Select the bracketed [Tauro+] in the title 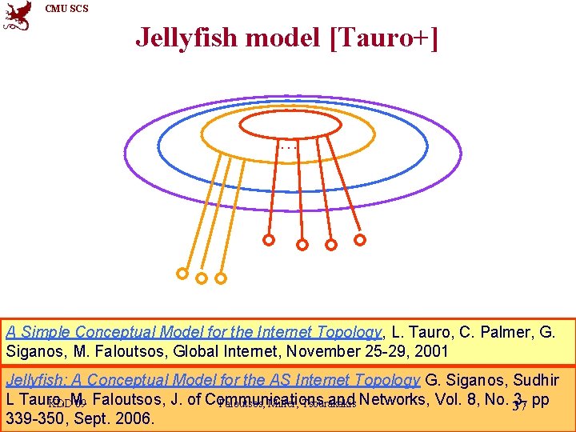[383, 37]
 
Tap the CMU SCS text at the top [66, 9]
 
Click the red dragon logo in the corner [17, 15]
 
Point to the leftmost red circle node [269, 239]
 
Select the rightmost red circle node [360, 239]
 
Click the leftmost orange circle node [182, 274]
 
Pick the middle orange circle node [202, 278]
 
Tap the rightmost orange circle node [221, 278]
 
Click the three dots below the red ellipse [289, 147]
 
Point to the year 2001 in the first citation [432, 350]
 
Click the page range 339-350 [33, 417]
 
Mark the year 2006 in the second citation [136, 417]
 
